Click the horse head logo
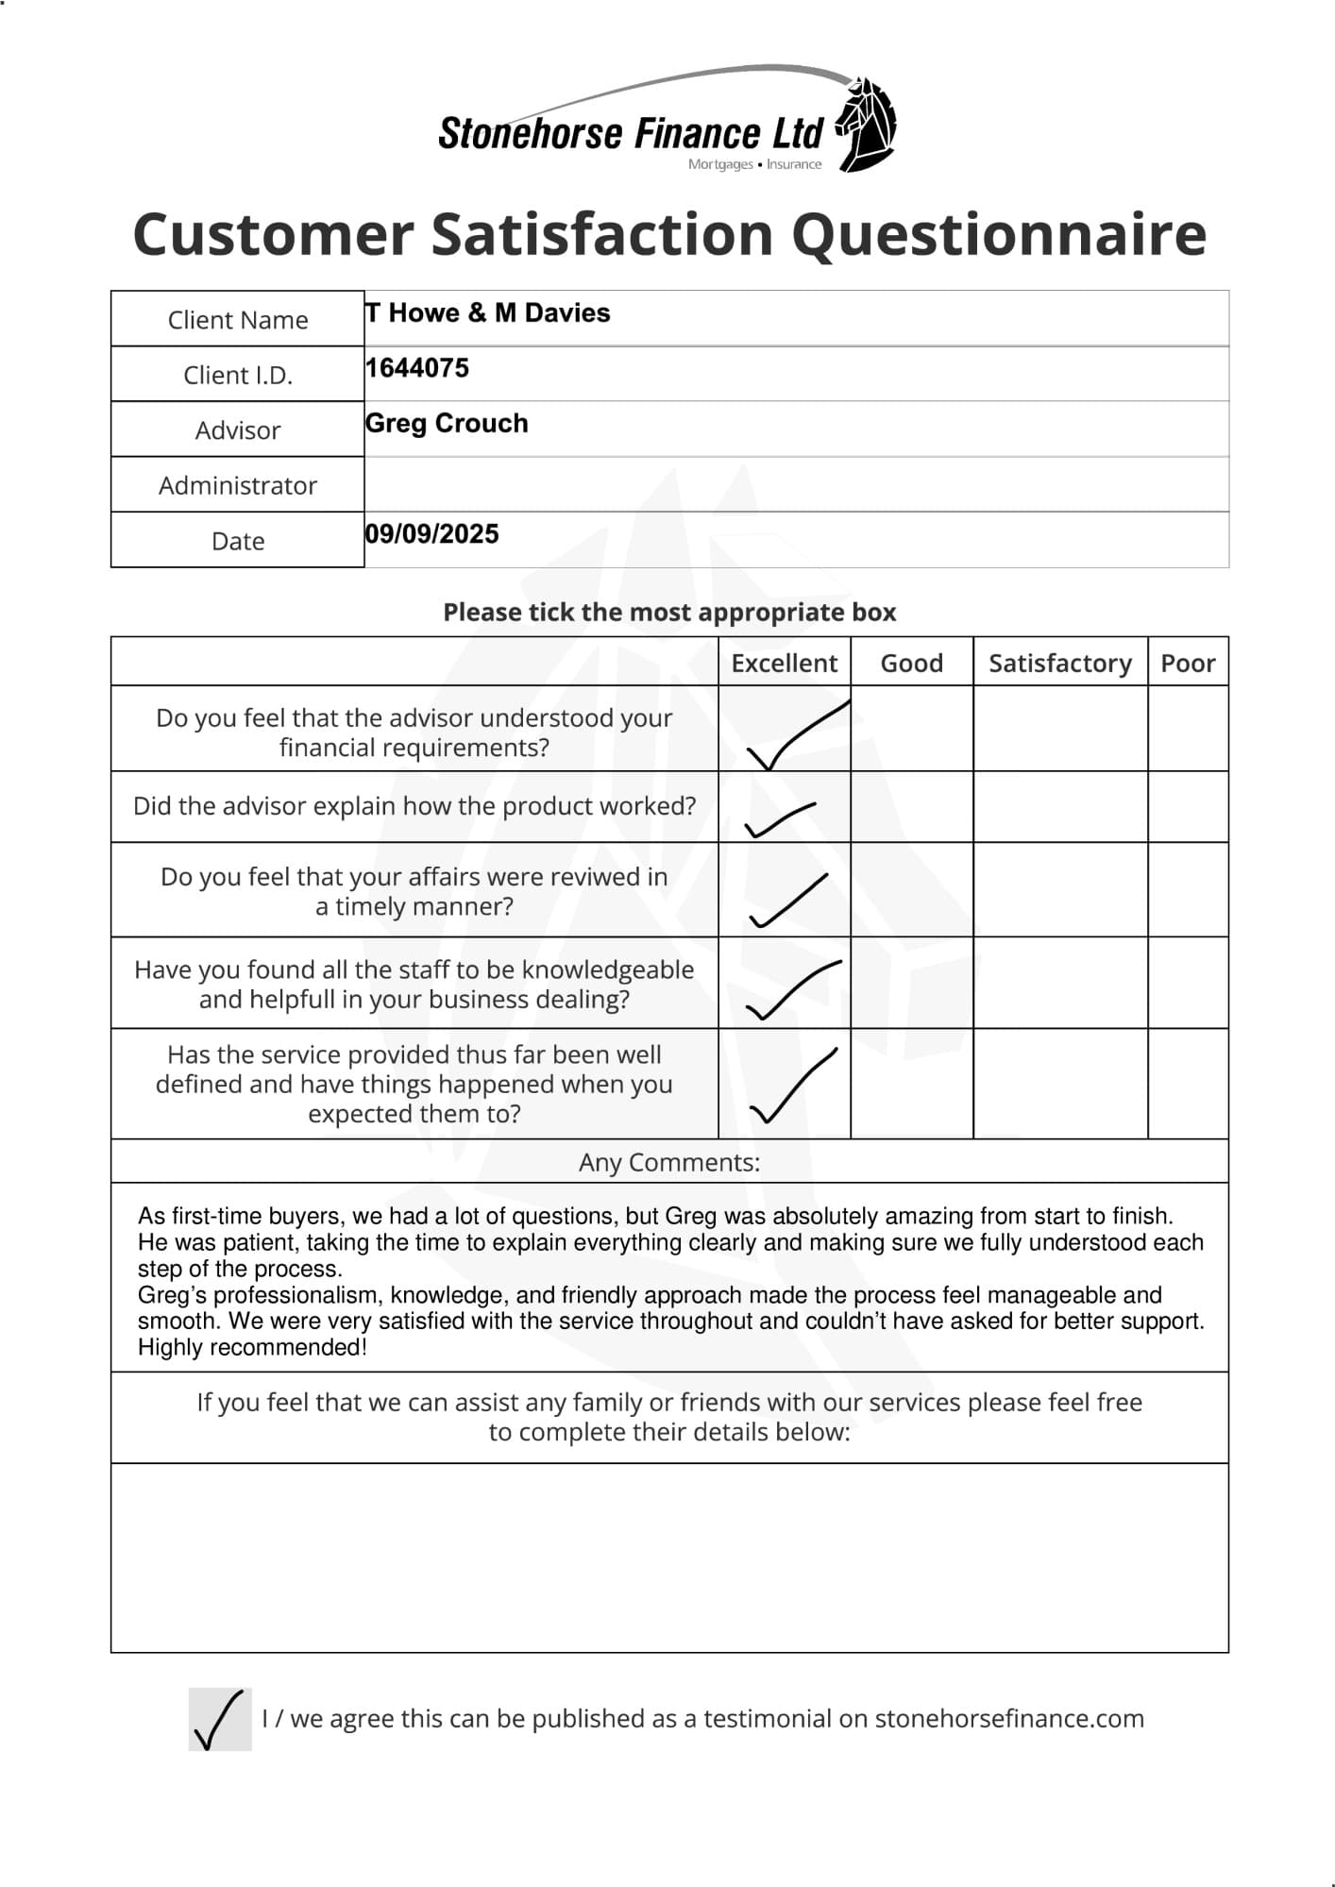(868, 124)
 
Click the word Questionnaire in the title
(1005, 234)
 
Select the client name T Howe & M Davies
(488, 312)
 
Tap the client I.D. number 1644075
(417, 368)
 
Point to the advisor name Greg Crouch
(447, 423)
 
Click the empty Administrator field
(796, 484)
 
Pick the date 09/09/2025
(432, 534)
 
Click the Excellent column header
(784, 663)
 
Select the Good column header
(911, 663)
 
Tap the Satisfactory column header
(1059, 663)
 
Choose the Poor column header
(1187, 663)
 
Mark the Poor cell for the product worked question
(1188, 807)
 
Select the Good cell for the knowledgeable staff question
(911, 983)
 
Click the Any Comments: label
(668, 1162)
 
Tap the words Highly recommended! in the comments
(252, 1347)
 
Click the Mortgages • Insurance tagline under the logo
(754, 164)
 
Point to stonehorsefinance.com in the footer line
(1008, 1719)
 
